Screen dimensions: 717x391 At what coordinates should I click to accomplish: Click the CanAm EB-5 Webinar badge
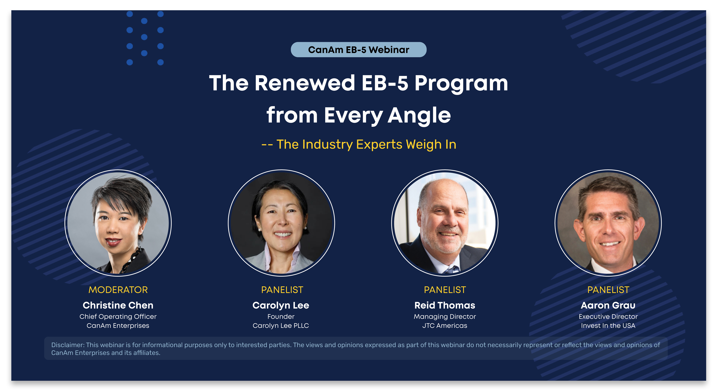click(358, 50)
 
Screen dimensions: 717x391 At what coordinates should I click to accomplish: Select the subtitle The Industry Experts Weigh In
click(366, 144)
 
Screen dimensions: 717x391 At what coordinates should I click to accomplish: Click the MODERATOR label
click(118, 290)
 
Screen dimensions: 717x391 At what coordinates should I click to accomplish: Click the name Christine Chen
click(118, 305)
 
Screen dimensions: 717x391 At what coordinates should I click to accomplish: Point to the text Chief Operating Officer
click(118, 317)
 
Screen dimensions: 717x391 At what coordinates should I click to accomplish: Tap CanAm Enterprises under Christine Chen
click(118, 326)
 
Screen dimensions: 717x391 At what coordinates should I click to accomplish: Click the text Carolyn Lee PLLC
click(281, 326)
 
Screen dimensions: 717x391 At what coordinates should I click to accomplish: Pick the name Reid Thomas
click(445, 305)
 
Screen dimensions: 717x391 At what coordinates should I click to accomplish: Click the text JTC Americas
click(445, 326)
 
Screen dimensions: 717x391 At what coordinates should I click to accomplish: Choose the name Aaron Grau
click(608, 305)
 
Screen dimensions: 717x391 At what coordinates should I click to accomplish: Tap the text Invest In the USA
click(608, 326)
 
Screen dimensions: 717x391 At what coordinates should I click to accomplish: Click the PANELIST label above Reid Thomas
click(445, 290)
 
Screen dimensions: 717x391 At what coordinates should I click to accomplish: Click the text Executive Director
click(608, 317)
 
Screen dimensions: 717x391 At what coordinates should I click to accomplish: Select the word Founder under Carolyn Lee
click(281, 317)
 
